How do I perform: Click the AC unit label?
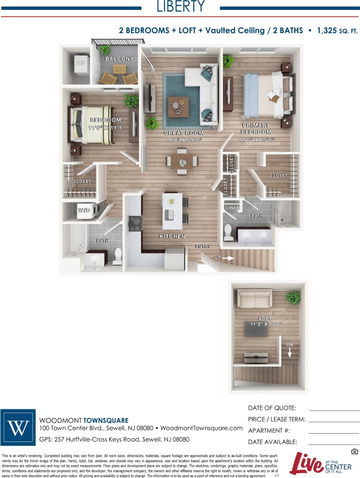click(x=80, y=63)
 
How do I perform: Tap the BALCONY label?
click(x=119, y=59)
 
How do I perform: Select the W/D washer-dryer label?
click(x=84, y=210)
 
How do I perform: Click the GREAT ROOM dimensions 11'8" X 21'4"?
click(x=183, y=140)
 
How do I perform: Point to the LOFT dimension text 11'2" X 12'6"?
click(x=265, y=324)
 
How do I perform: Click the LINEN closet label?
click(x=233, y=208)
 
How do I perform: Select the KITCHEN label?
click(x=172, y=237)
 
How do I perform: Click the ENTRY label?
click(x=203, y=246)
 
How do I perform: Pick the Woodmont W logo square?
click(x=18, y=428)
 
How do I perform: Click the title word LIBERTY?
click(x=181, y=7)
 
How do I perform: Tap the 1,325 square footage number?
click(x=327, y=30)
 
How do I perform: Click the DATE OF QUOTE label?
click(x=272, y=408)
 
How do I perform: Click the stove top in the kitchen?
click(x=135, y=223)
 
